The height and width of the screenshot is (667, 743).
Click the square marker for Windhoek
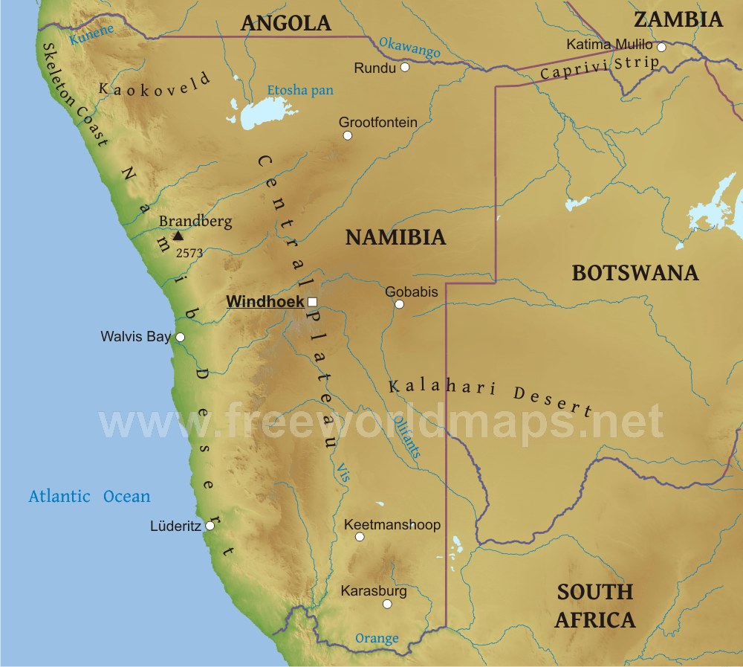click(x=312, y=301)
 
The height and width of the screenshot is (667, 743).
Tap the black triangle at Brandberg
click(x=178, y=236)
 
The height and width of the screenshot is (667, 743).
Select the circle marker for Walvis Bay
click(x=180, y=337)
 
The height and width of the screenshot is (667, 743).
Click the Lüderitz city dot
click(x=210, y=526)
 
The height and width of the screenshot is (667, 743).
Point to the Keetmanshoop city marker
click(x=360, y=537)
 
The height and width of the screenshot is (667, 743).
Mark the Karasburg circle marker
click(x=387, y=604)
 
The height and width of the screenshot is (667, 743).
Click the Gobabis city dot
click(x=399, y=304)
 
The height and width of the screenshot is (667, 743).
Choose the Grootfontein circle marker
click(x=347, y=135)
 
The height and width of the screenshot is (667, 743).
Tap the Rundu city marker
click(x=405, y=67)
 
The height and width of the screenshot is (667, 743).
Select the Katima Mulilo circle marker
click(x=661, y=47)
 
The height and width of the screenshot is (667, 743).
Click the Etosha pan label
click(x=300, y=91)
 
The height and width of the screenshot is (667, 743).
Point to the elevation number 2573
click(x=189, y=253)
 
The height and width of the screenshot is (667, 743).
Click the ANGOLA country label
click(x=286, y=23)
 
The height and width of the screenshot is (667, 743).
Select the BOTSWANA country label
click(x=635, y=273)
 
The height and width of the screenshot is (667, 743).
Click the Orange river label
click(x=377, y=639)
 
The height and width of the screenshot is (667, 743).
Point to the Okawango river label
click(x=409, y=48)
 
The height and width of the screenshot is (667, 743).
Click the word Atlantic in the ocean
click(x=59, y=497)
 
